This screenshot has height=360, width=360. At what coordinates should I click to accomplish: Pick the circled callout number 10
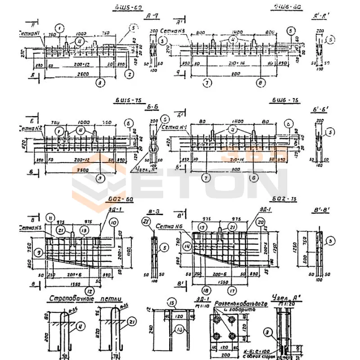coord(113,222)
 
